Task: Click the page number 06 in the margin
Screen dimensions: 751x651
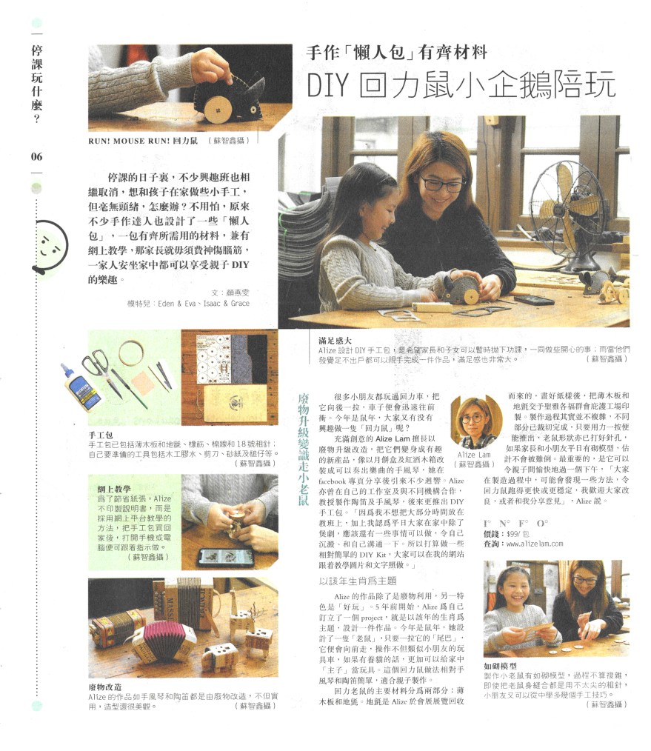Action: (36, 156)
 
